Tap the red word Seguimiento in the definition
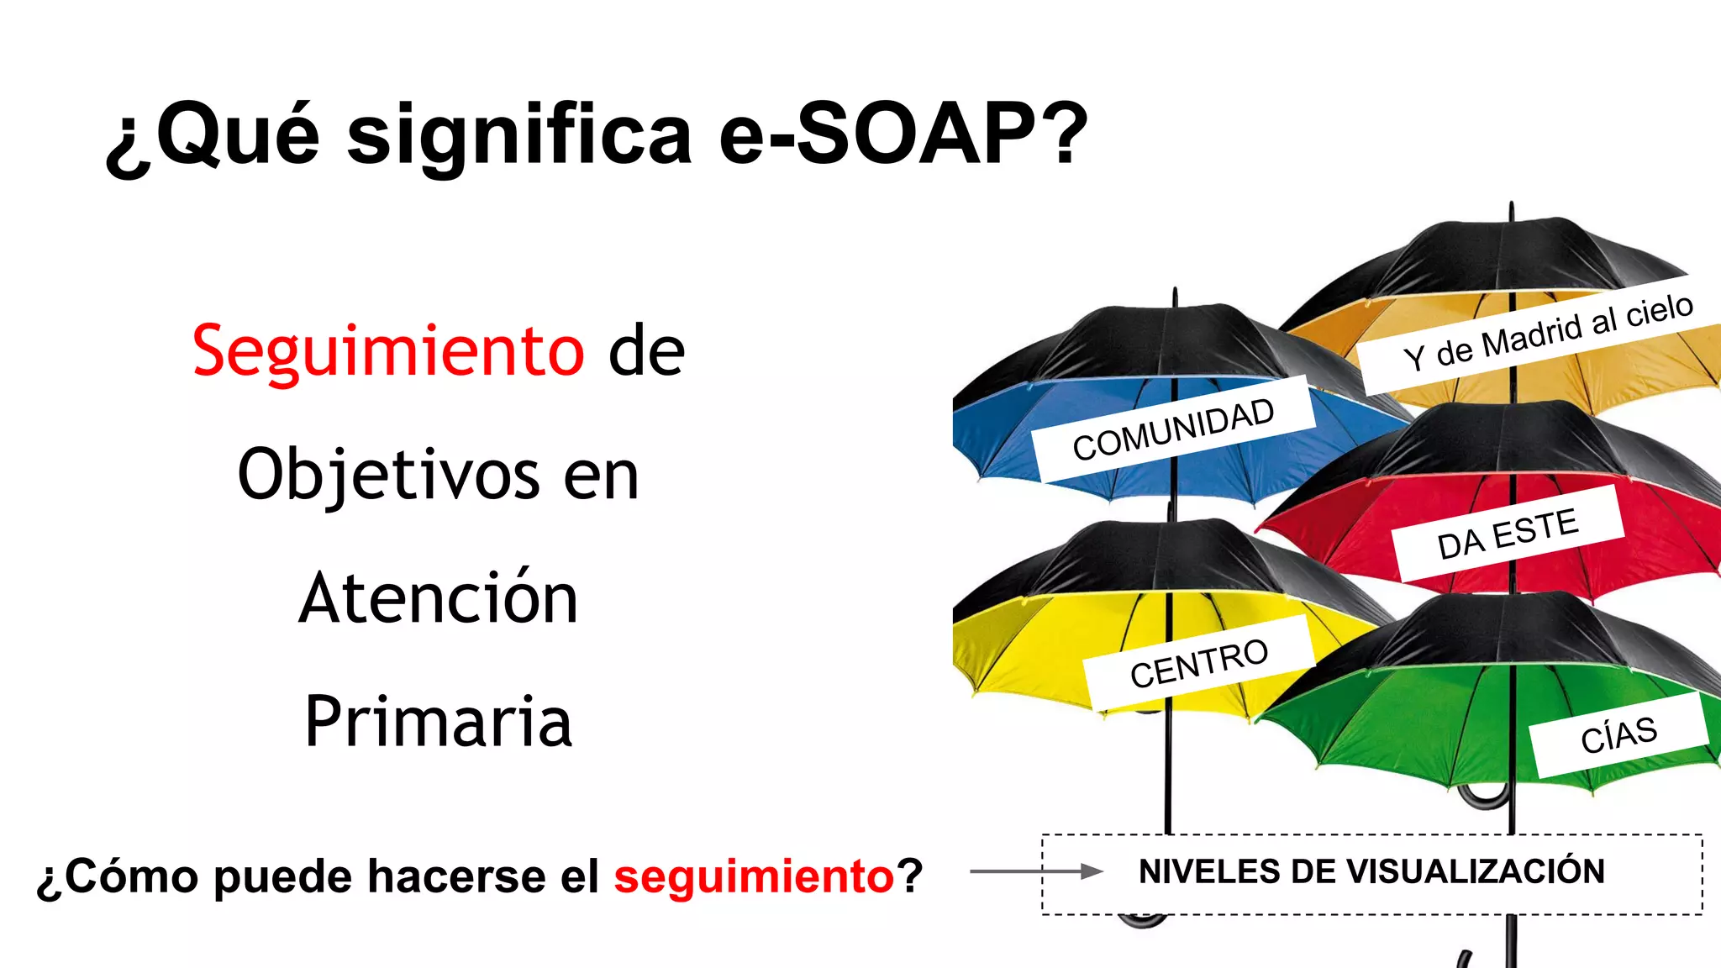388,350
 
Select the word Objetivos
388,475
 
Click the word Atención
439,598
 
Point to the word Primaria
439,722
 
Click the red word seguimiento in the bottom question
754,876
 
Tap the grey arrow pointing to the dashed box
1035,871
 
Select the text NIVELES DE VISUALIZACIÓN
1371,871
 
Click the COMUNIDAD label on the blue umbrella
1173,429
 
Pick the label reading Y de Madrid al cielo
1548,332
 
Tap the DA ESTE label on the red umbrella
1508,534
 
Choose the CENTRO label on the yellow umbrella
1199,663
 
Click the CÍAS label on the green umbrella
1618,734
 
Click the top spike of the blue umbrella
1175,295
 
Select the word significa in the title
519,134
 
